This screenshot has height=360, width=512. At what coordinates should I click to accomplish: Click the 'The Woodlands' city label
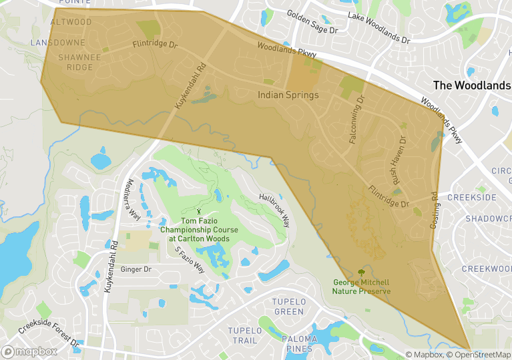[472, 85]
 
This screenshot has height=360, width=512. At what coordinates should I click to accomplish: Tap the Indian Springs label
[288, 96]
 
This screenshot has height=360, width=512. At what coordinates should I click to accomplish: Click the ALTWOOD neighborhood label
[71, 22]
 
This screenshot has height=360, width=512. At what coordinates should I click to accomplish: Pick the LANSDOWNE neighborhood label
[58, 42]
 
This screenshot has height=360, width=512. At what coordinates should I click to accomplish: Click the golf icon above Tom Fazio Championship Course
[198, 212]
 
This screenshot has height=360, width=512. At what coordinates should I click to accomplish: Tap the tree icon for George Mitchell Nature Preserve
[361, 272]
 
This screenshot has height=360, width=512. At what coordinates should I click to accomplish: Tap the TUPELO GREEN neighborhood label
[288, 307]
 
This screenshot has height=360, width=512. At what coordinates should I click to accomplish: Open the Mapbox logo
[29, 351]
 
